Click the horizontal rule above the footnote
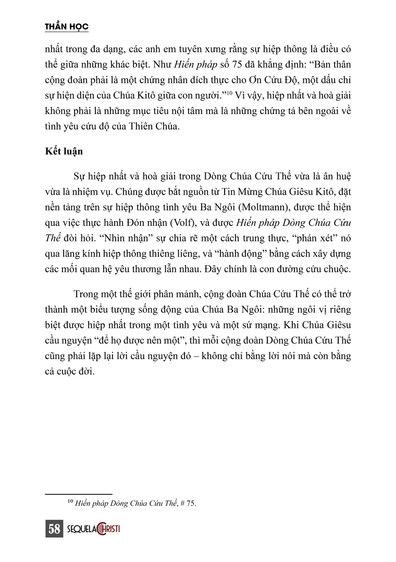(78, 493)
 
